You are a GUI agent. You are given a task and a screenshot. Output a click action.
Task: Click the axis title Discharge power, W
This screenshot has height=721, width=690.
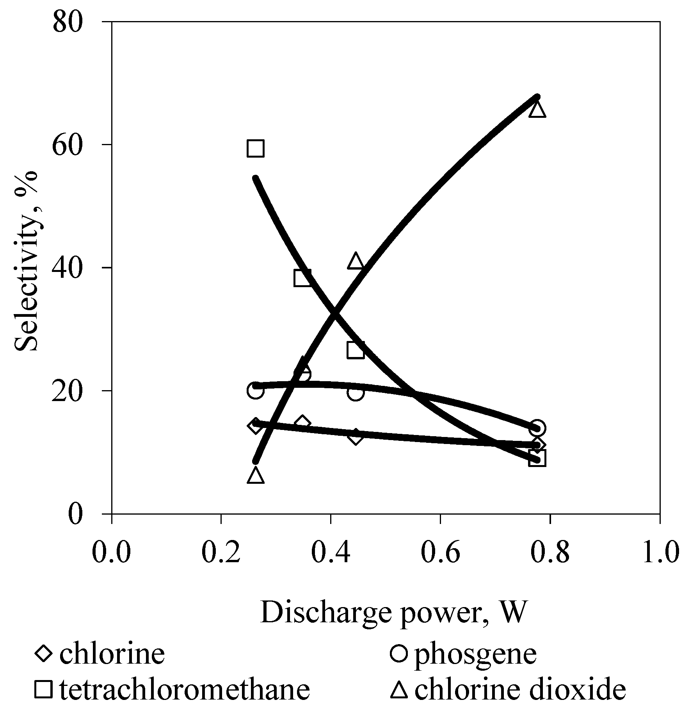click(x=393, y=612)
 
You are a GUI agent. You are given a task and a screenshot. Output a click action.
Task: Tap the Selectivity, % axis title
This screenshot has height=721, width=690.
click(x=26, y=261)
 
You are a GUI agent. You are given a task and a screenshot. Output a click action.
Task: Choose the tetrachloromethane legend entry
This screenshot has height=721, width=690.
click(x=172, y=689)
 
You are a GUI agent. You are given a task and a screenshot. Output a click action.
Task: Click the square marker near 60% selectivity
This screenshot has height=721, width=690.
click(x=255, y=148)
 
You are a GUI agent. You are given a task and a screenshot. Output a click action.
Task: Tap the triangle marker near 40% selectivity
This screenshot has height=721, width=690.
click(x=356, y=261)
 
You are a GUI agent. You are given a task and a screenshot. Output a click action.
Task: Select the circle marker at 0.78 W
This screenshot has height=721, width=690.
click(x=537, y=428)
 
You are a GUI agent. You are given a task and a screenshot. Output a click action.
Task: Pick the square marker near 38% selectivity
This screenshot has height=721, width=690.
click(x=302, y=278)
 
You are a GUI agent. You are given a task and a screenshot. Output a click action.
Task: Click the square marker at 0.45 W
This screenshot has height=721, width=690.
click(x=355, y=350)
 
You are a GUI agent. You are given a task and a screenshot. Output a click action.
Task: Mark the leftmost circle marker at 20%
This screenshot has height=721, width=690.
click(x=255, y=390)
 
